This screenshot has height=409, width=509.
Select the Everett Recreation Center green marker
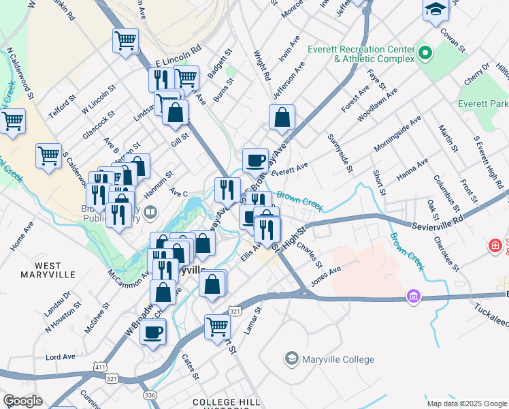pyautogui.click(x=425, y=52)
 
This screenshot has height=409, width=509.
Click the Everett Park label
pyautogui.click(x=483, y=104)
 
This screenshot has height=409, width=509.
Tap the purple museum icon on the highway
pyautogui.click(x=412, y=297)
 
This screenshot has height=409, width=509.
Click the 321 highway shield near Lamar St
pyautogui.click(x=233, y=310)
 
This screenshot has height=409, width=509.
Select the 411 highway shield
pyautogui.click(x=101, y=367)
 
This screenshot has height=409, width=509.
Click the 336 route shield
pyautogui.click(x=148, y=395)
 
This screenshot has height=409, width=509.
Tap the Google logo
pyautogui.click(x=22, y=401)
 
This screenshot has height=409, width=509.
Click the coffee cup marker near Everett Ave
pyautogui.click(x=255, y=160)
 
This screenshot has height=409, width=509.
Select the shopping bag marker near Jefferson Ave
pyautogui.click(x=282, y=117)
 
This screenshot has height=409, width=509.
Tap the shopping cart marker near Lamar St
pyautogui.click(x=217, y=326)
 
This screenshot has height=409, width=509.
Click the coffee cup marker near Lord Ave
pyautogui.click(x=152, y=332)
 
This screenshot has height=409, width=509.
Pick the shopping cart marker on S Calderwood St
pyautogui.click(x=48, y=155)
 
